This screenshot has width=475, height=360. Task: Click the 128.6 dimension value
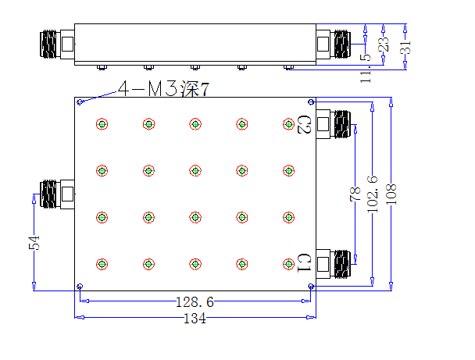tap(195, 302)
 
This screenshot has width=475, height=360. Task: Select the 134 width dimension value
tap(195, 319)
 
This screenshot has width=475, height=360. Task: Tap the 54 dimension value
tap(34, 243)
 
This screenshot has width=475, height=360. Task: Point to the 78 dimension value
tap(355, 194)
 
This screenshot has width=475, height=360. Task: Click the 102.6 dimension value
tap(373, 194)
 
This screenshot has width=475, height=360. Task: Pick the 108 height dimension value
tap(391, 194)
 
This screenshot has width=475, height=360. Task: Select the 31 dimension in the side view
tap(405, 47)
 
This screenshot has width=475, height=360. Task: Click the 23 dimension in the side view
tap(384, 45)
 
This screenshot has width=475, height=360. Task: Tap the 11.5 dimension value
tap(366, 69)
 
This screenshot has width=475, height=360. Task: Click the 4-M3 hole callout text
tap(163, 89)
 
